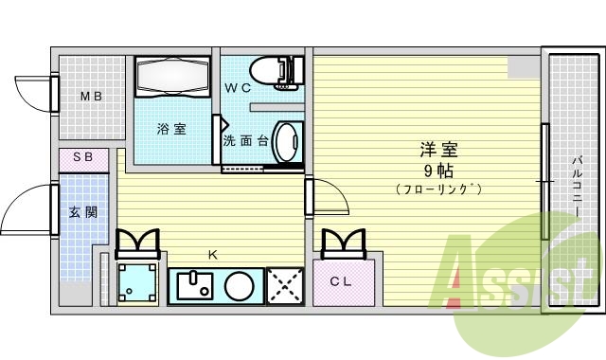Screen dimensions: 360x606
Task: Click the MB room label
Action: click(x=91, y=97)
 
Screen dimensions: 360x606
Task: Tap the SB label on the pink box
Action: click(x=83, y=157)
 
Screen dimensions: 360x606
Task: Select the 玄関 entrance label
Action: click(x=80, y=212)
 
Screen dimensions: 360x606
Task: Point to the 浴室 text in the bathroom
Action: click(x=171, y=130)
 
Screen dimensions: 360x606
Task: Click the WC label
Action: click(x=238, y=88)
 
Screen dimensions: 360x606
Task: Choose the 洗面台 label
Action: click(x=245, y=141)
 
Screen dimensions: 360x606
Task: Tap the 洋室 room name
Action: click(x=438, y=151)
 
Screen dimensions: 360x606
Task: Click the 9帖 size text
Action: click(x=437, y=171)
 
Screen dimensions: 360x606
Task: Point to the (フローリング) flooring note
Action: click(x=438, y=189)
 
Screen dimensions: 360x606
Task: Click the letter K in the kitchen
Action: click(x=213, y=254)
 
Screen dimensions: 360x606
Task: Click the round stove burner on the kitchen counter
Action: click(x=241, y=285)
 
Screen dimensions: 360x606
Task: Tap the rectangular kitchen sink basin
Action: click(x=197, y=285)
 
